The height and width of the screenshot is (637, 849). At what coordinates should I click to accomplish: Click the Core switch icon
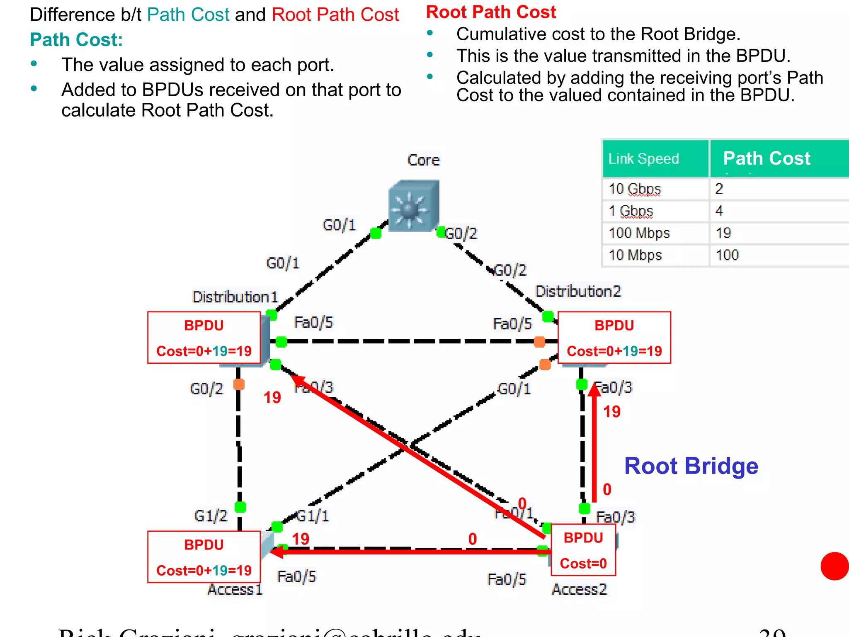pyautogui.click(x=413, y=206)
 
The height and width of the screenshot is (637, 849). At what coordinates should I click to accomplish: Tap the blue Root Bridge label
pyautogui.click(x=691, y=466)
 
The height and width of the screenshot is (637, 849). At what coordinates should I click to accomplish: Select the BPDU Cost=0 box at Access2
pyautogui.click(x=583, y=550)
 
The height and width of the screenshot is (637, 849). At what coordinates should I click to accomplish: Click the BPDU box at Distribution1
pyautogui.click(x=204, y=338)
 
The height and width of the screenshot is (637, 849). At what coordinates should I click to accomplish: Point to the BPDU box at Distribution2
pyautogui.click(x=614, y=338)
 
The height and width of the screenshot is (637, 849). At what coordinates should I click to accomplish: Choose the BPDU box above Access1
pyautogui.click(x=204, y=557)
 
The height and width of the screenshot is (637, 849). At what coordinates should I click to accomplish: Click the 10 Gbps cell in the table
pyautogui.click(x=635, y=189)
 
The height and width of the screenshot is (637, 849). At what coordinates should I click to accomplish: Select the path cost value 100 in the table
pyautogui.click(x=728, y=255)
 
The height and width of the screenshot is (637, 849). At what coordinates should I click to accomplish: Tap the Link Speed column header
pyautogui.click(x=644, y=158)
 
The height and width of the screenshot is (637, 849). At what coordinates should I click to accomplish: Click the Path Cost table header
pyautogui.click(x=767, y=158)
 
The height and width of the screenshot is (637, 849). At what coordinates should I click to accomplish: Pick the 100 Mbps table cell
pyautogui.click(x=639, y=233)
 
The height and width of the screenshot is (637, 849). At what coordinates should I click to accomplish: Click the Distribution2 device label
pyautogui.click(x=578, y=291)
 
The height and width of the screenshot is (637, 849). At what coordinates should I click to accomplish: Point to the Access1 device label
pyautogui.click(x=235, y=589)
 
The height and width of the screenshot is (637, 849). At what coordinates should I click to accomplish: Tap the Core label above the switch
pyautogui.click(x=423, y=160)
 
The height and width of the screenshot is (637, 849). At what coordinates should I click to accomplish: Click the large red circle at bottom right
pyautogui.click(x=834, y=566)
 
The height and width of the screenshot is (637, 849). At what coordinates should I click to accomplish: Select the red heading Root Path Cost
pyautogui.click(x=491, y=12)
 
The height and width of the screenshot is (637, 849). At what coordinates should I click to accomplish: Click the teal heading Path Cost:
pyautogui.click(x=76, y=40)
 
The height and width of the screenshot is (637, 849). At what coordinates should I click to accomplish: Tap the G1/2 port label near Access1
pyautogui.click(x=211, y=516)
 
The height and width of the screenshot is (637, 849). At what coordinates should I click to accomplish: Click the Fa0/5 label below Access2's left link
pyautogui.click(x=507, y=579)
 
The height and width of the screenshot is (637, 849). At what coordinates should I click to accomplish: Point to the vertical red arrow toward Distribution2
pyautogui.click(x=594, y=444)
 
